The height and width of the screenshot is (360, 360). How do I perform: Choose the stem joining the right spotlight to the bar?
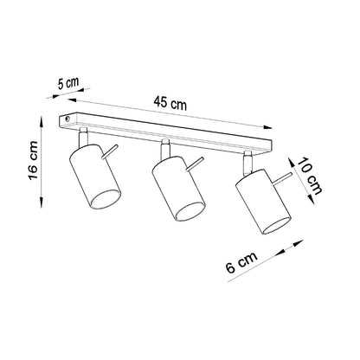[249, 157]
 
